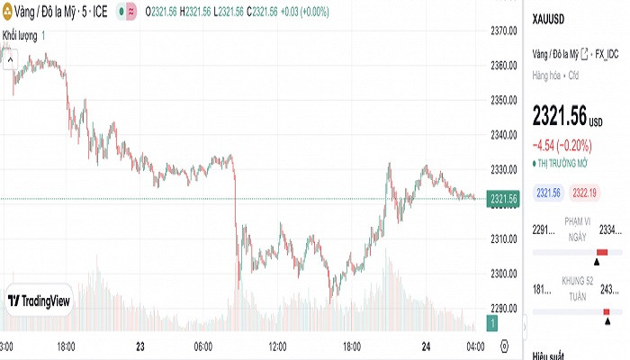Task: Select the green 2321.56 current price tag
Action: (503, 199)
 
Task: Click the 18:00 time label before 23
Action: (66, 346)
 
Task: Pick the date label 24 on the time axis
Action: (427, 346)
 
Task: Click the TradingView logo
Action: (39, 302)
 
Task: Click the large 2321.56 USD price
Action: (560, 116)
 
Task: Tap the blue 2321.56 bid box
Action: (548, 193)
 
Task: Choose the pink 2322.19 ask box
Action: (585, 193)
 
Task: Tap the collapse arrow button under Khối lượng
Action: (9, 59)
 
